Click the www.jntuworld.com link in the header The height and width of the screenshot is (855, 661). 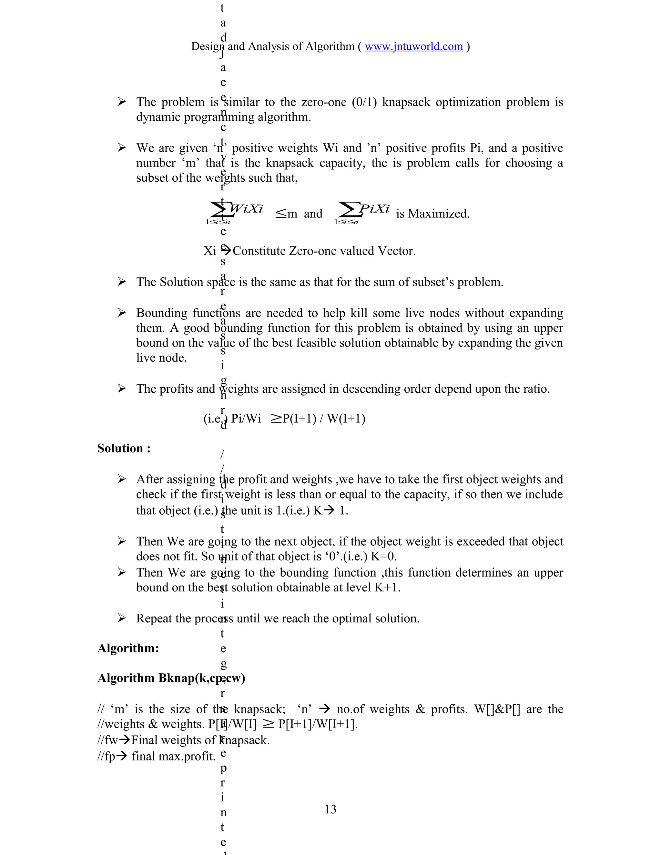coord(413,46)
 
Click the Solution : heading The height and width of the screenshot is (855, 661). coord(124,449)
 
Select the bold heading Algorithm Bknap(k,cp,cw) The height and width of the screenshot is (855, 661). coord(171,679)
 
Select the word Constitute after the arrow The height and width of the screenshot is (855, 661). coord(259,251)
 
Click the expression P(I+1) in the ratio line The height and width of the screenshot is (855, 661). coord(299,418)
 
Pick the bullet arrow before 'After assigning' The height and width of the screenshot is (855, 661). coord(122,479)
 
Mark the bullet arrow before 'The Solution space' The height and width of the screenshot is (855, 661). coord(122,282)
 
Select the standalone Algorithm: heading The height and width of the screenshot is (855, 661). coord(128,648)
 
